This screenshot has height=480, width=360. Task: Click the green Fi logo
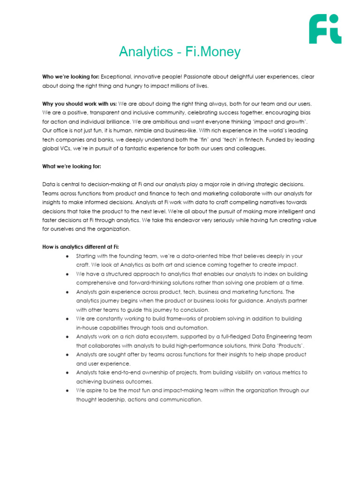325,29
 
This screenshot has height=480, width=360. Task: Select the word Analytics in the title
146,52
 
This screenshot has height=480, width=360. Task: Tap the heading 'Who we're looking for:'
71,76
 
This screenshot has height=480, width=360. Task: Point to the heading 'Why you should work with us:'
80,104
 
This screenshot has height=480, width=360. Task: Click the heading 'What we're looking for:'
72,166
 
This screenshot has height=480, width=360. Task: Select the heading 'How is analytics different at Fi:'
83,247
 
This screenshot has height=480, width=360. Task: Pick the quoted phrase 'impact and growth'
282,122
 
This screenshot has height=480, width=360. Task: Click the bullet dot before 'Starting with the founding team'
68,256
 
